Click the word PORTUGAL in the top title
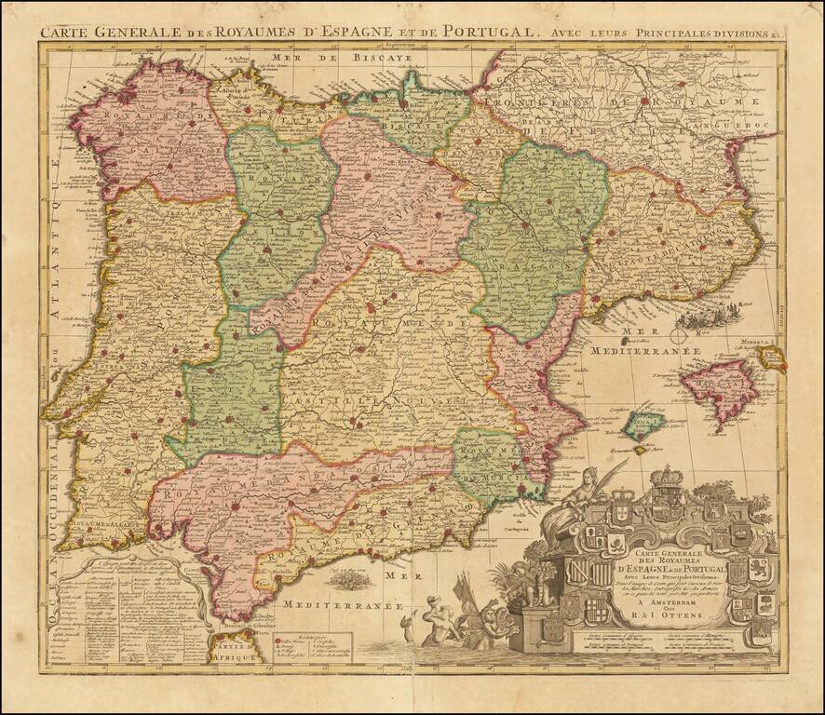pyautogui.click(x=491, y=31)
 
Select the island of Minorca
pyautogui.click(x=770, y=355)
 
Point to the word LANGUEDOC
pyautogui.click(x=737, y=122)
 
